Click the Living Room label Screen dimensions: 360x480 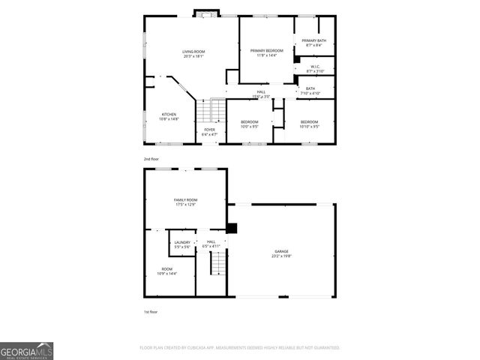click(193, 53)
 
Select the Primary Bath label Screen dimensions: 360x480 click(314, 43)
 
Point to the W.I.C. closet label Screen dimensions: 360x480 click(316, 69)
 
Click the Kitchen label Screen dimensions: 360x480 click(169, 117)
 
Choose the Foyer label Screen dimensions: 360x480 click(210, 131)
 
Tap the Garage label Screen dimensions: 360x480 click(280, 253)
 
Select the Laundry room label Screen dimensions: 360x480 click(182, 244)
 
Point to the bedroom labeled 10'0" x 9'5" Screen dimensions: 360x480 click(249, 124)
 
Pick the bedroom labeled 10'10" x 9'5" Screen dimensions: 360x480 click(309, 124)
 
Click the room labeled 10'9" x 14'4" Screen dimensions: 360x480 click(166, 271)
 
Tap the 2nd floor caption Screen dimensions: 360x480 click(151, 159)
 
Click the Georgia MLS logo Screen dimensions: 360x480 click(27, 350)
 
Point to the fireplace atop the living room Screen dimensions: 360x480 click(205, 13)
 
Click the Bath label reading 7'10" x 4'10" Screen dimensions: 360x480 click(310, 91)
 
